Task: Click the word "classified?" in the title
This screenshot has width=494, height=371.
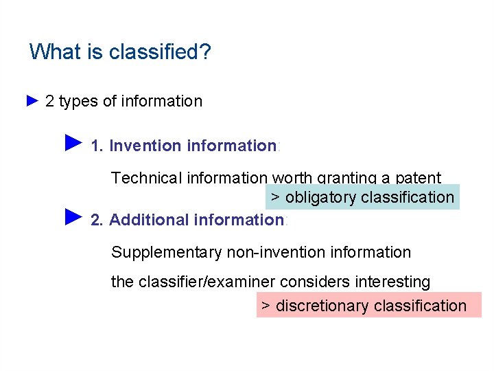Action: (160, 52)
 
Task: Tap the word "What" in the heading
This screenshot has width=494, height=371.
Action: (55, 52)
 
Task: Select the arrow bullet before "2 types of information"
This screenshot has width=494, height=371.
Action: (32, 101)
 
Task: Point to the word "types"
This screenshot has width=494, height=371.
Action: (78, 102)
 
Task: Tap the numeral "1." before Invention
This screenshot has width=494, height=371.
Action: (97, 146)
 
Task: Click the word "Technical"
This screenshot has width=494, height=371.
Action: (145, 178)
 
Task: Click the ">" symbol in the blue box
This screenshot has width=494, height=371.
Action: (275, 198)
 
